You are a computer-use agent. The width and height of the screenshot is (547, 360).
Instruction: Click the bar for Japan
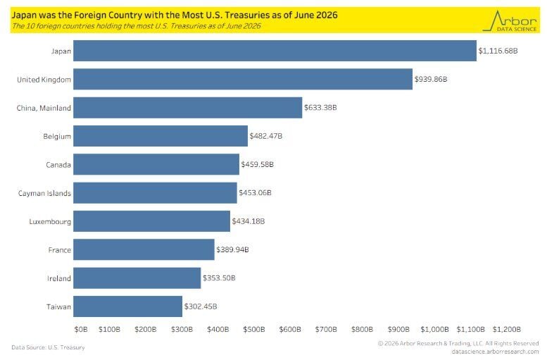click(x=275, y=51)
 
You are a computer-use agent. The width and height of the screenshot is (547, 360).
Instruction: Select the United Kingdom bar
click(x=243, y=80)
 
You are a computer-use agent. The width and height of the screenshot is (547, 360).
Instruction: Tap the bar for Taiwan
click(x=127, y=306)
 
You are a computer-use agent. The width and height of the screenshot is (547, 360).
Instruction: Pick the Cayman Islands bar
click(x=155, y=193)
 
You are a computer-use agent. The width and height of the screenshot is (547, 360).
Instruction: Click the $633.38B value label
click(x=320, y=108)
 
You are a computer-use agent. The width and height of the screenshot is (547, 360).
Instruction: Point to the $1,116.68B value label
click(x=498, y=51)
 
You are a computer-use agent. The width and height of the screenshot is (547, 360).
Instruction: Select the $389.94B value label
click(x=232, y=249)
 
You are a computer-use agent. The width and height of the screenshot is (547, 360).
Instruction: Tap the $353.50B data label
click(x=219, y=278)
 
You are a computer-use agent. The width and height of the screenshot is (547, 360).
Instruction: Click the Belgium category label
click(x=57, y=136)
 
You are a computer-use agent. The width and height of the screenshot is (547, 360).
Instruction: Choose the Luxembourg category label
click(x=50, y=222)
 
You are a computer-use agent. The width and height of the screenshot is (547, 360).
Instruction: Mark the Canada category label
click(x=58, y=164)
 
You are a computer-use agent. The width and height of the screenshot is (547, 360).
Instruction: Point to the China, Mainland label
click(x=44, y=108)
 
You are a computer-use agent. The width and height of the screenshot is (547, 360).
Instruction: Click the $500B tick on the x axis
click(x=254, y=329)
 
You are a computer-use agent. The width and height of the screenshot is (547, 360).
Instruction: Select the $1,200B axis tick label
click(x=507, y=329)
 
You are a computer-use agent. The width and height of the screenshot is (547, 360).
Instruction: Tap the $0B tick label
click(x=81, y=329)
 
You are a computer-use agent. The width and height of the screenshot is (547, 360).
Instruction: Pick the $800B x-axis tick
click(x=362, y=329)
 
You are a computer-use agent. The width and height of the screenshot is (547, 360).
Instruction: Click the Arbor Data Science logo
click(x=510, y=21)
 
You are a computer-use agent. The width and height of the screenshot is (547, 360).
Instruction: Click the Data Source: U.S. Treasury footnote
click(x=48, y=347)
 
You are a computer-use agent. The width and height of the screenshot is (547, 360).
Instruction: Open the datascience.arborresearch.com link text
click(x=495, y=352)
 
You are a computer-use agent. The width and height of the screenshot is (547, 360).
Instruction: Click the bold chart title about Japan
click(x=175, y=15)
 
